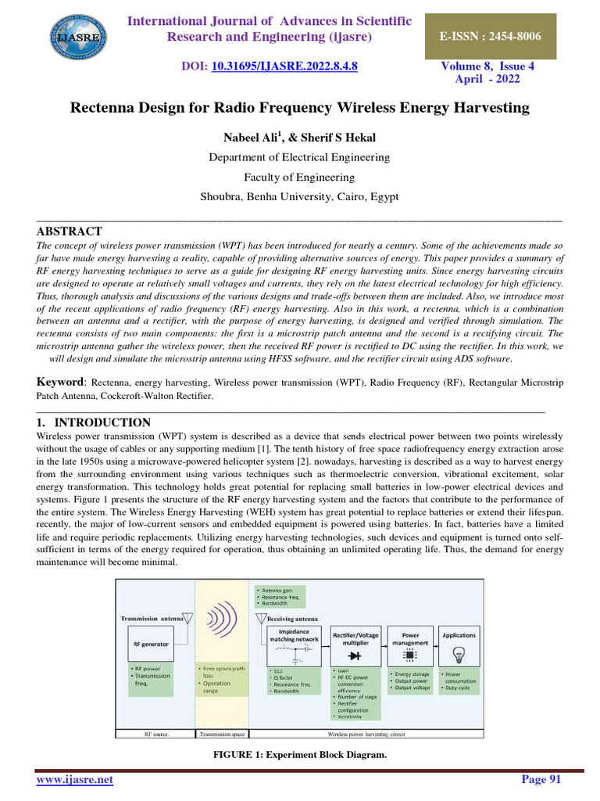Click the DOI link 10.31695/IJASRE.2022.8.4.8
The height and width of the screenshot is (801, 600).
(284, 66)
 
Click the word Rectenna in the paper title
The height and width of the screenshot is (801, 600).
(105, 108)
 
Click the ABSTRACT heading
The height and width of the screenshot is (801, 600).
(70, 232)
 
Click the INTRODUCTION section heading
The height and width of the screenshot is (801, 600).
(99, 422)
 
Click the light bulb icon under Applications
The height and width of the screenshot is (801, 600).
(459, 654)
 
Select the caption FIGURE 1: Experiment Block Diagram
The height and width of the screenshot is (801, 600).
(300, 756)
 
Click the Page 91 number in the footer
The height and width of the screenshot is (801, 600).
(541, 780)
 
